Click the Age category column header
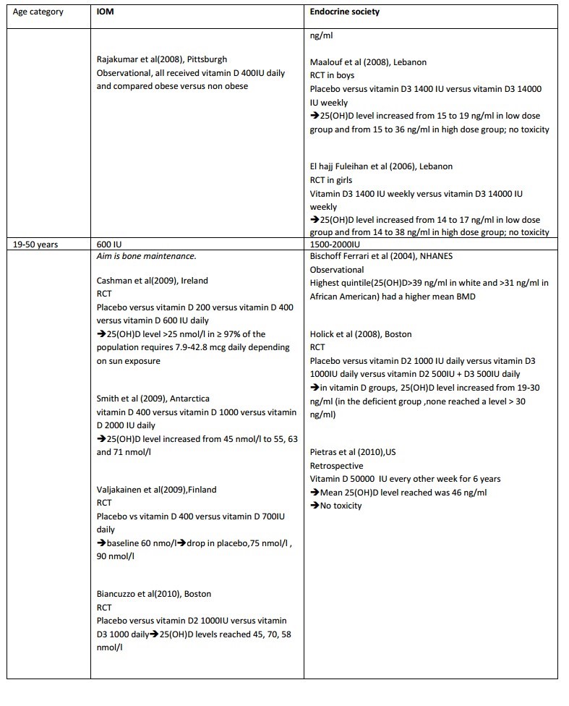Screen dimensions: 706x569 pos(38,12)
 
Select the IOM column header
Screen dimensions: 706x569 pos(106,12)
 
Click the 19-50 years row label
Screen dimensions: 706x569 pos(36,244)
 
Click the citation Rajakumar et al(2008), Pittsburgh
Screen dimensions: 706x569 pos(166,59)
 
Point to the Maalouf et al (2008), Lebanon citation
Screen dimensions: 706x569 pos(366,62)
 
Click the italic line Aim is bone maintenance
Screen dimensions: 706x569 pos(142,256)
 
